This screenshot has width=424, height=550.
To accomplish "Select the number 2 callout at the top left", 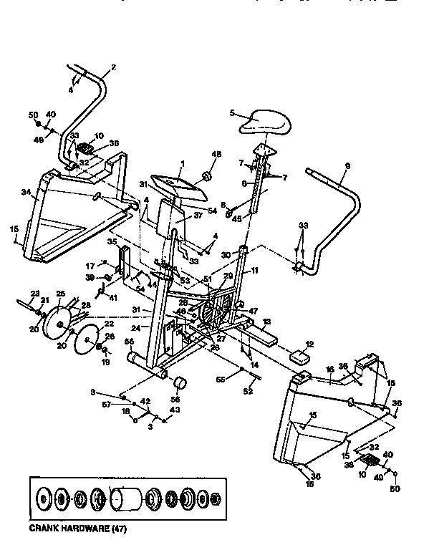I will coord(112,68).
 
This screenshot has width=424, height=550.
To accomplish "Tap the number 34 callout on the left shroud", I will coord(25,192).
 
